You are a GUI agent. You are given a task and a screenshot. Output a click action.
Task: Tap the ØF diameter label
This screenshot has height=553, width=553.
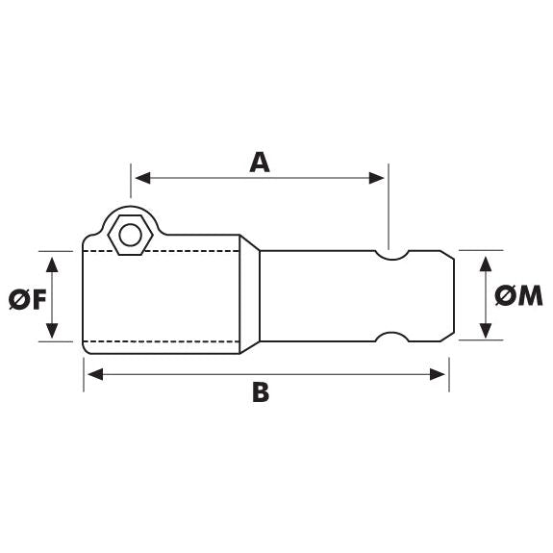(26, 298)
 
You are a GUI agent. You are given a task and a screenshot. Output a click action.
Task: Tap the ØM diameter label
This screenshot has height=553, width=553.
(520, 296)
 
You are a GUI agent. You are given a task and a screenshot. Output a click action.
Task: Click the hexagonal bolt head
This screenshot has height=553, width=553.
(127, 234)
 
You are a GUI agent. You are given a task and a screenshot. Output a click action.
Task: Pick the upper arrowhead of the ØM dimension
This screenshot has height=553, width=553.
(488, 258)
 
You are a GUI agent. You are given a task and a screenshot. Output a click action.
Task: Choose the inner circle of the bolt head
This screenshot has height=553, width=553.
(127, 234)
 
